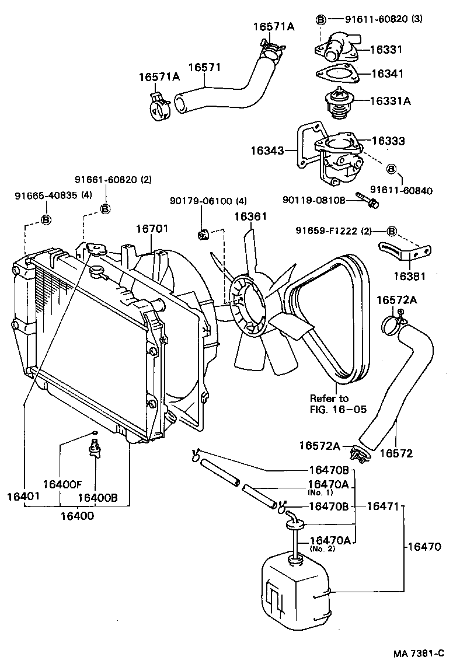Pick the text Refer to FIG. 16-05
[x=338, y=404]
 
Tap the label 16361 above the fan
[x=250, y=216]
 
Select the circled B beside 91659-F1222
[x=392, y=231]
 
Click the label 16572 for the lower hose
[x=396, y=452]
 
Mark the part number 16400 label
[x=76, y=516]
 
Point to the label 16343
[x=267, y=151]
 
